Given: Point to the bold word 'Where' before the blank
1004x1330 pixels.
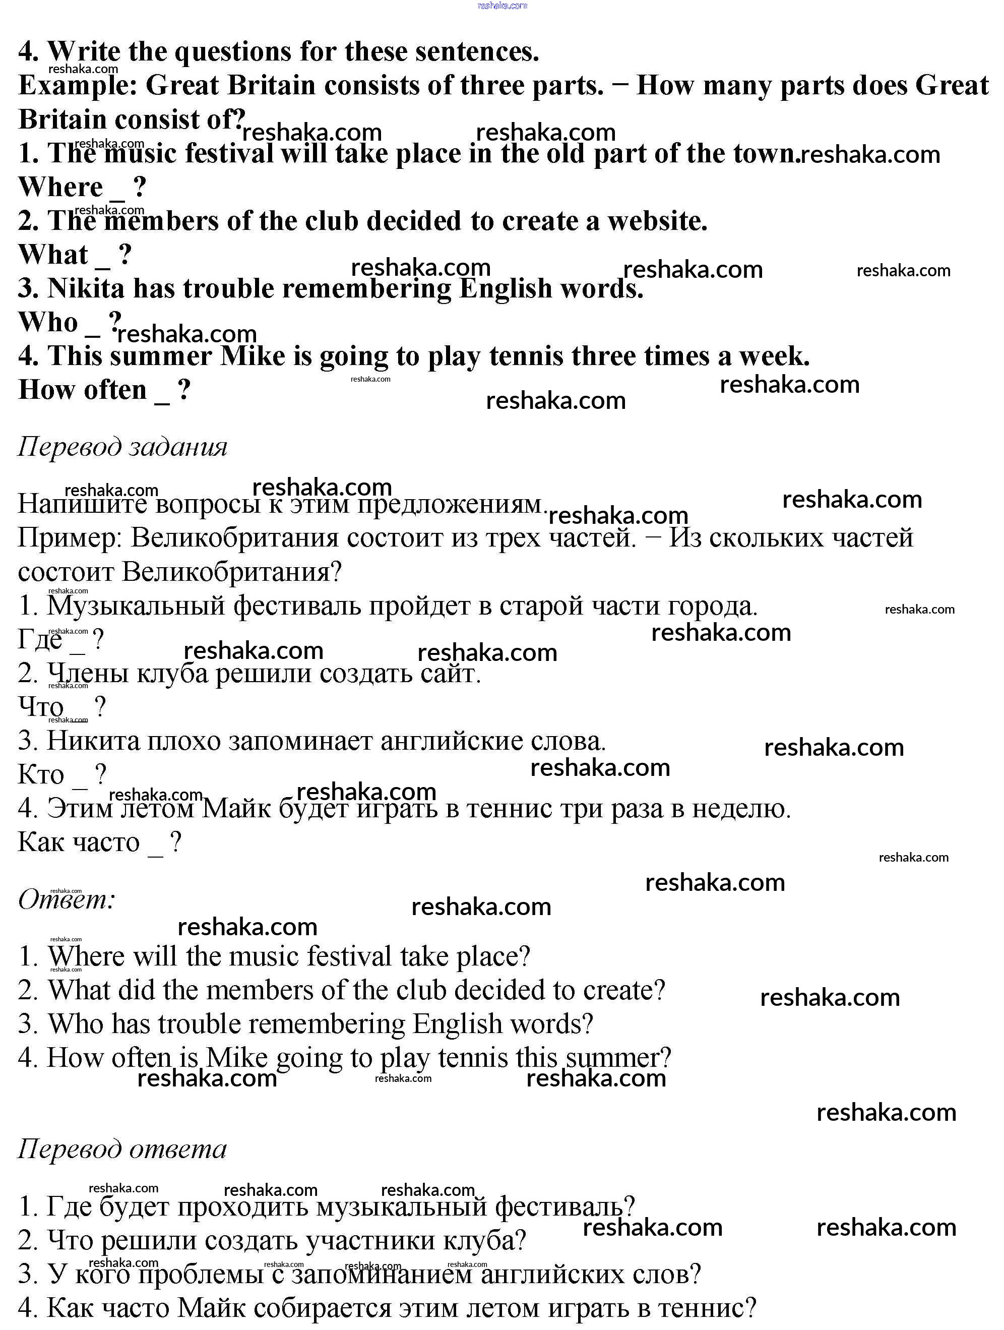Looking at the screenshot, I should [x=60, y=187].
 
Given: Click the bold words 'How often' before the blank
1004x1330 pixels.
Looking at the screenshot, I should [x=82, y=390].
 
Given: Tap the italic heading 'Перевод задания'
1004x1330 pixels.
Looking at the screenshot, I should [x=122, y=447].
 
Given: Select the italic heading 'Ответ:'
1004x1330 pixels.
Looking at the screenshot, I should [x=67, y=900].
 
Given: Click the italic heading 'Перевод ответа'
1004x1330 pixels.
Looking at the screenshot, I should [x=122, y=1149].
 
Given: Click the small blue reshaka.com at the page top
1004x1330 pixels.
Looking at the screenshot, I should [x=502, y=6].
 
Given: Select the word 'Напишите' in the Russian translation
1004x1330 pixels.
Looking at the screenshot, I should [x=82, y=504].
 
